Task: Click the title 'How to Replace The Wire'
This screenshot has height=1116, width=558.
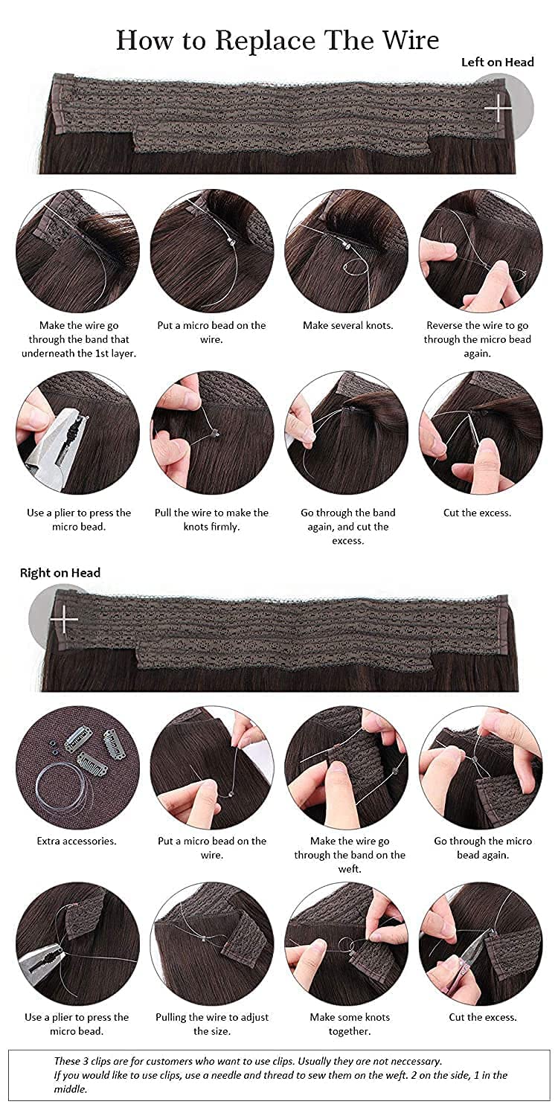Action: pyautogui.click(x=278, y=40)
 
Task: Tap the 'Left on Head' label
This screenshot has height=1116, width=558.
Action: pyautogui.click(x=497, y=62)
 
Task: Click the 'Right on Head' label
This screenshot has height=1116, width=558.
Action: pyautogui.click(x=60, y=573)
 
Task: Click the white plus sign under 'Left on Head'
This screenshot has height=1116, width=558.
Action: pyautogui.click(x=498, y=108)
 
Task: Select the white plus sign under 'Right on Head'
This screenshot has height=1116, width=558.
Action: pyautogui.click(x=64, y=620)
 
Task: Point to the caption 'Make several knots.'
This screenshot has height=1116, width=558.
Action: pyautogui.click(x=347, y=325)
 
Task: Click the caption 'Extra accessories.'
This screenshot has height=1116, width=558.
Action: pyautogui.click(x=77, y=841)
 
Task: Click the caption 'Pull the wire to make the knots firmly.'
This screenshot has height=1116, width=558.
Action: pyautogui.click(x=212, y=519)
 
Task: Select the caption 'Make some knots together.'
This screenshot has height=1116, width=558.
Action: pyautogui.click(x=350, y=1024)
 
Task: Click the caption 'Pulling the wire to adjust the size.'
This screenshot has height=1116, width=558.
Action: pyautogui.click(x=212, y=1024)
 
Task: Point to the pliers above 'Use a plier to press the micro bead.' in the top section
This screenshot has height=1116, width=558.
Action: pyautogui.click(x=57, y=443)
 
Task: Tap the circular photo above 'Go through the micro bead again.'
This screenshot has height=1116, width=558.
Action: pyautogui.click(x=481, y=768)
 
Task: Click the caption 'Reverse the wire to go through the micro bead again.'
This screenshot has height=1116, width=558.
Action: pyautogui.click(x=478, y=339)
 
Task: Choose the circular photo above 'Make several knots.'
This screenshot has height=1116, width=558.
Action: pyautogui.click(x=347, y=251)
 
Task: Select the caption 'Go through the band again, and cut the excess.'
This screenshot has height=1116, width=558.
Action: pyautogui.click(x=347, y=527)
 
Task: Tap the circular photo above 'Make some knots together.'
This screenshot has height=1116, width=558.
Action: pyautogui.click(x=347, y=943)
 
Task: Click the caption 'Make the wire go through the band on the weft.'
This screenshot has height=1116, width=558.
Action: pyautogui.click(x=350, y=855)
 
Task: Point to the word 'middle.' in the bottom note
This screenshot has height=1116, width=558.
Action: pyautogui.click(x=71, y=1089)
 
